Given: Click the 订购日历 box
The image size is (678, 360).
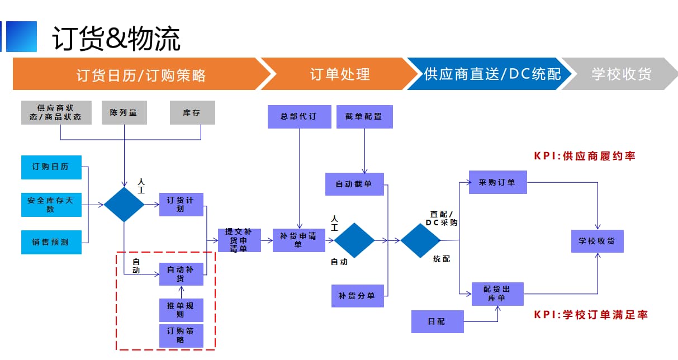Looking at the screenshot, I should click(x=51, y=167).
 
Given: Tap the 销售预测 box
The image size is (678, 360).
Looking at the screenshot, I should click(x=51, y=242).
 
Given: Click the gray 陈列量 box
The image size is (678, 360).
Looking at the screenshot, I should click(x=124, y=112).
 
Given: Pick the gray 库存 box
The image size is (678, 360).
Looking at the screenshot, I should click(x=192, y=112).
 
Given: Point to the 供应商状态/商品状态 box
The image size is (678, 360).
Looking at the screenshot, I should click(x=56, y=112).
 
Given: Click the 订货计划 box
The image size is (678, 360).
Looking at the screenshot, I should click(x=181, y=205).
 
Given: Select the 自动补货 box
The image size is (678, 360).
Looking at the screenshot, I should click(x=181, y=274).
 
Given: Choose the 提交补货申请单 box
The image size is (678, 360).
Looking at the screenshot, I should click(x=239, y=240).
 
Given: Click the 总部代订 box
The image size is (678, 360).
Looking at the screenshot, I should click(x=300, y=116).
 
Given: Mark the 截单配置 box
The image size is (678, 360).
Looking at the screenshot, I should click(x=364, y=116).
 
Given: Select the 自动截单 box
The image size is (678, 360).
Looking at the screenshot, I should click(x=354, y=184).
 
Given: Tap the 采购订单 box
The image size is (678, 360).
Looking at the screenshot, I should click(x=497, y=182).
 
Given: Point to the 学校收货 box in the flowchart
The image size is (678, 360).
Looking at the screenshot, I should click(x=597, y=241).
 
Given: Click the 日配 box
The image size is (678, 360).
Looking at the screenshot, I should click(x=437, y=321).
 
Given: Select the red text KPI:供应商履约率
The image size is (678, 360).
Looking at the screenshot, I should click(x=585, y=156).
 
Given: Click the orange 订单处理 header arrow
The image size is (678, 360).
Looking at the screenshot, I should click(x=340, y=74).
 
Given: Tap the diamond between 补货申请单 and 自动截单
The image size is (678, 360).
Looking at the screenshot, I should click(x=354, y=240).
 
